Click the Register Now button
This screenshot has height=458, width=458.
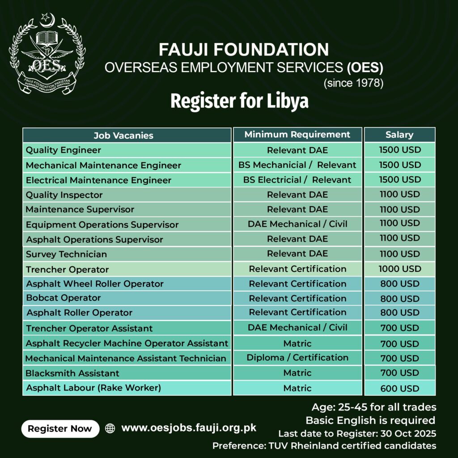pos(60,428)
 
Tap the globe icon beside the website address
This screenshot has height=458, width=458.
pos(110,428)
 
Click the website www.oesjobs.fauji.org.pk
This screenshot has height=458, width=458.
pos(189,428)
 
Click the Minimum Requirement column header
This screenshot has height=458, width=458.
pos(297,135)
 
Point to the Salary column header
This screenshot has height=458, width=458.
pos(399,135)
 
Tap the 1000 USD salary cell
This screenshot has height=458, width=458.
pos(400,269)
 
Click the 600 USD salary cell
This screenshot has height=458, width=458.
pos(400,388)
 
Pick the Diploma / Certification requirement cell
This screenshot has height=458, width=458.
pos(297,357)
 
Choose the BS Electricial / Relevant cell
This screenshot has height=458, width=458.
pos(297,180)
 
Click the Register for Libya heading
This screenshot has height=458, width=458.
pos(239,102)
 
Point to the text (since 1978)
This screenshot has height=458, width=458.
pos(353,83)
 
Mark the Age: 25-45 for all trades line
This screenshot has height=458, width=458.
pos(373,407)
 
